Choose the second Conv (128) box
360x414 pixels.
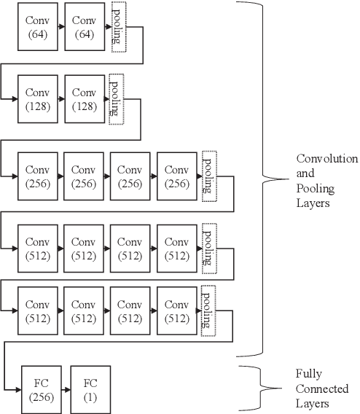[x=84, y=98]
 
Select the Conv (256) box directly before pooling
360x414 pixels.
[x=176, y=175]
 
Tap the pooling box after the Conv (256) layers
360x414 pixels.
[x=210, y=175]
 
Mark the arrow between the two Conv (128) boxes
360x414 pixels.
[x=60, y=98]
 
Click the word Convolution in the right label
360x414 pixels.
[x=326, y=158]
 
